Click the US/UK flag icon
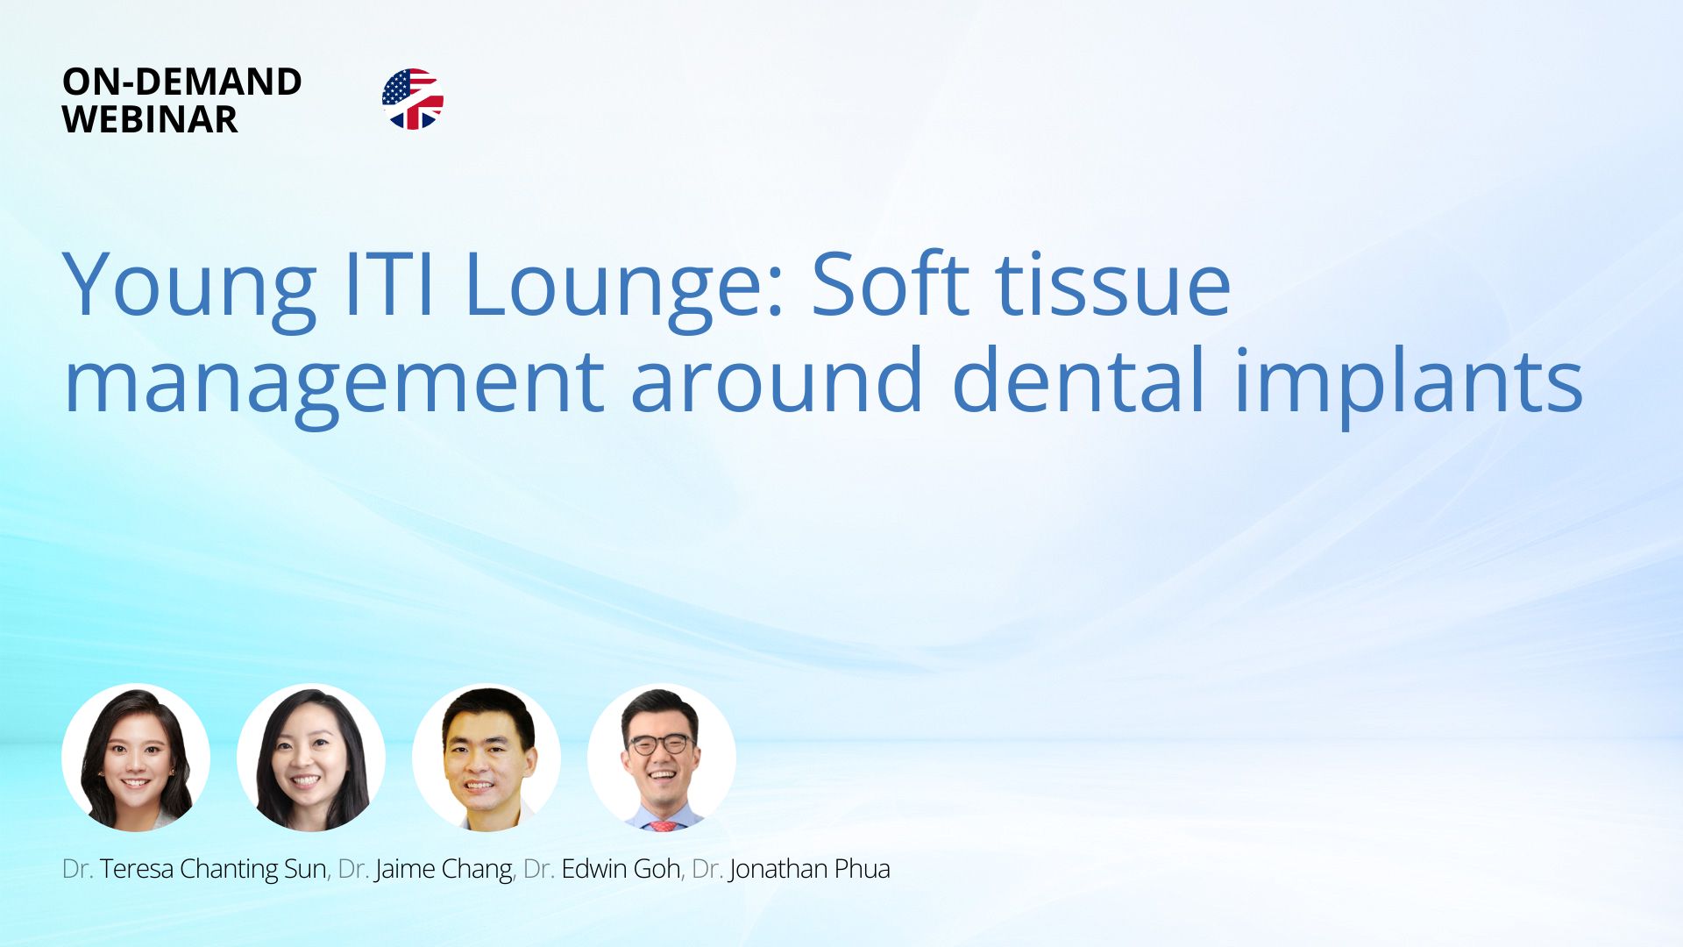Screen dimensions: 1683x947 (x=413, y=99)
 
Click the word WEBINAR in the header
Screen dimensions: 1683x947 (x=150, y=119)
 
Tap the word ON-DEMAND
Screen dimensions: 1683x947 (x=182, y=82)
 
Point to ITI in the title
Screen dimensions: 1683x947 (x=389, y=284)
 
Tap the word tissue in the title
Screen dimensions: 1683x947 (x=1114, y=284)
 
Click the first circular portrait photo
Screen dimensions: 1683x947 (x=136, y=758)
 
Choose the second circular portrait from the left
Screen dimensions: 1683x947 (x=311, y=758)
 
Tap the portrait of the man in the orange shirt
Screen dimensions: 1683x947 (x=486, y=758)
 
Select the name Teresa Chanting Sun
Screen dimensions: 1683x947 (x=213, y=869)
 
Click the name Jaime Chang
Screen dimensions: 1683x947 (x=444, y=869)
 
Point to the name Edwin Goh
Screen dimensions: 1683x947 (x=621, y=868)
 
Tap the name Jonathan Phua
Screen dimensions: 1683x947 (x=809, y=868)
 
